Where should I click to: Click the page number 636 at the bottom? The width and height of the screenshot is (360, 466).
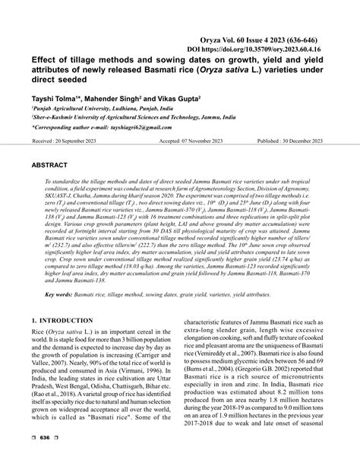pos(44,458)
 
